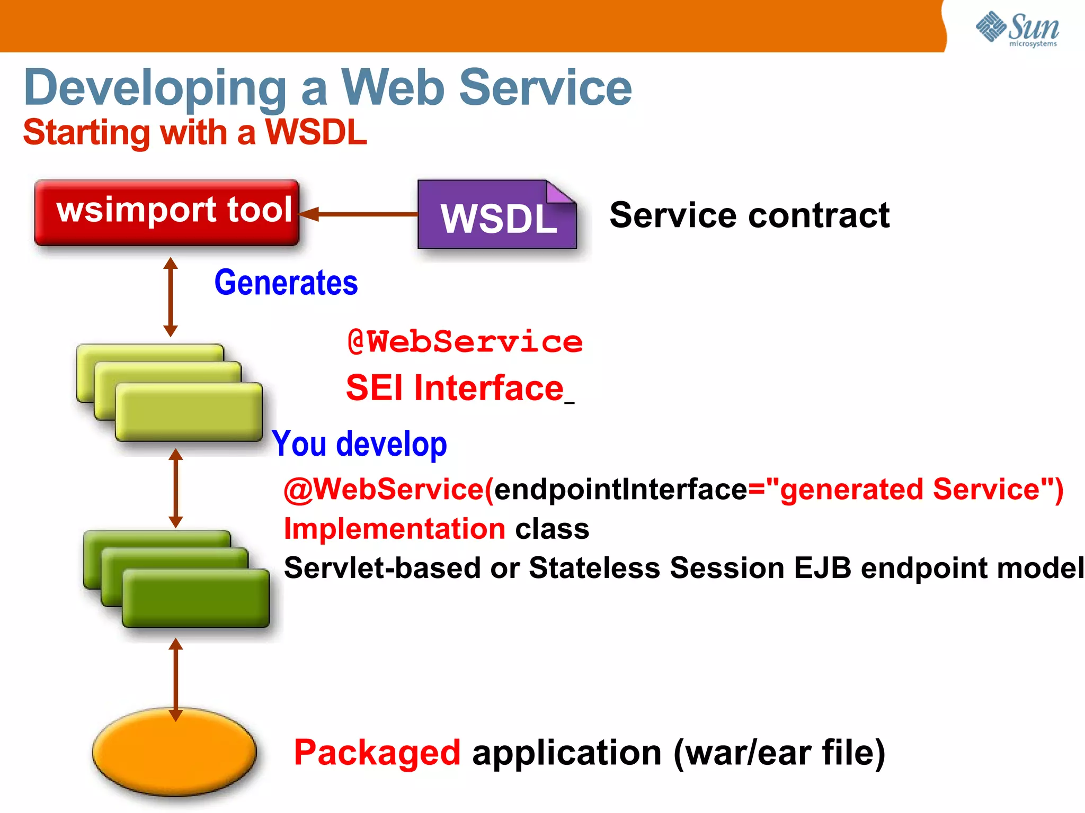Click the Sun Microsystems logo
click(1017, 29)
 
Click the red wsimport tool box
click(167, 212)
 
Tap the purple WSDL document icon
click(497, 215)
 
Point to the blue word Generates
click(286, 283)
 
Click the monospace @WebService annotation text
click(465, 341)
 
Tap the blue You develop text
click(360, 444)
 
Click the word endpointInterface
click(620, 489)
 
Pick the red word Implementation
click(395, 529)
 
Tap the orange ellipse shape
click(174, 751)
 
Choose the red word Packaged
click(377, 752)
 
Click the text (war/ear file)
click(779, 752)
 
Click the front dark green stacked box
click(195, 598)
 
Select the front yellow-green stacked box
click(189, 412)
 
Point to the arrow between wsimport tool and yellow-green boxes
click(170, 296)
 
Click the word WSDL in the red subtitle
click(316, 132)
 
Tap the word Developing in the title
click(155, 87)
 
